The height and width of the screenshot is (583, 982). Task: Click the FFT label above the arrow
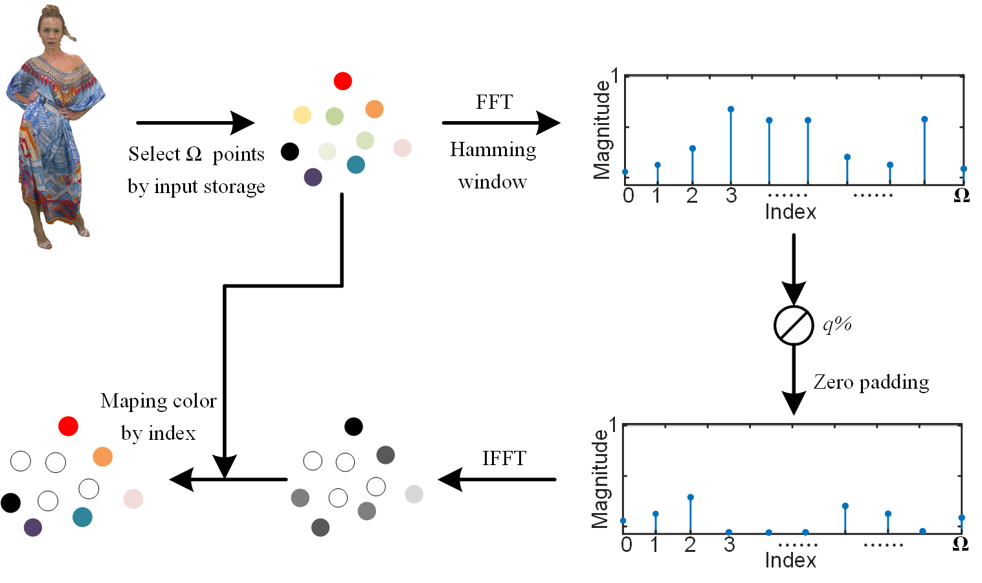pyautogui.click(x=494, y=102)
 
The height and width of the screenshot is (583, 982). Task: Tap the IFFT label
pyautogui.click(x=504, y=458)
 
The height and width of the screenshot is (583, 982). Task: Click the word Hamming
pyautogui.click(x=493, y=150)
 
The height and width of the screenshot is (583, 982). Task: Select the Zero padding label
pyautogui.click(x=871, y=382)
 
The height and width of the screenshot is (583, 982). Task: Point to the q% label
pyautogui.click(x=836, y=323)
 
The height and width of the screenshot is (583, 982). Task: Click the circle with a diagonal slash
pyautogui.click(x=794, y=325)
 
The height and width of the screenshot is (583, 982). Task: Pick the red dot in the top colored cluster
pyautogui.click(x=342, y=81)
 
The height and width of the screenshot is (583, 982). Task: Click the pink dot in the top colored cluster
pyautogui.click(x=403, y=148)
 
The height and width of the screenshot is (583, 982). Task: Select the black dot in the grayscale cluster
pyautogui.click(x=353, y=426)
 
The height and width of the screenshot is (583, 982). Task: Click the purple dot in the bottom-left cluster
pyautogui.click(x=33, y=527)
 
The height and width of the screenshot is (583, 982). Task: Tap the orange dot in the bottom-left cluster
pyautogui.click(x=102, y=456)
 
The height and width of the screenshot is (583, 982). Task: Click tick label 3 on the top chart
pyautogui.click(x=731, y=196)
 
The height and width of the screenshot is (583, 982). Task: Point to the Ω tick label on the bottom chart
pyautogui.click(x=961, y=544)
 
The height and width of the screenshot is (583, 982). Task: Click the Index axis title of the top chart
pyautogui.click(x=790, y=212)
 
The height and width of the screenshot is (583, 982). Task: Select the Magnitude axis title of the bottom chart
pyautogui.click(x=600, y=479)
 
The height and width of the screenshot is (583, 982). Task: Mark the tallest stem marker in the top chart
pyautogui.click(x=731, y=109)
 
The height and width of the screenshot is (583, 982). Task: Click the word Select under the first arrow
pyautogui.click(x=154, y=154)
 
